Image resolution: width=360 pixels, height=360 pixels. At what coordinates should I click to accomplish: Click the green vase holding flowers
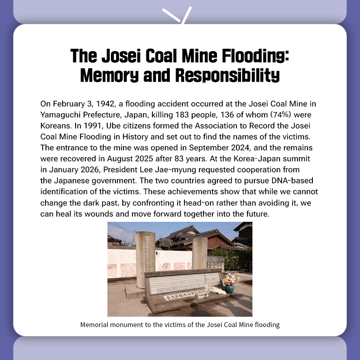(230, 288)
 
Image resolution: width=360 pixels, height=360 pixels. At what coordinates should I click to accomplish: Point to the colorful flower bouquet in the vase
(230, 279)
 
